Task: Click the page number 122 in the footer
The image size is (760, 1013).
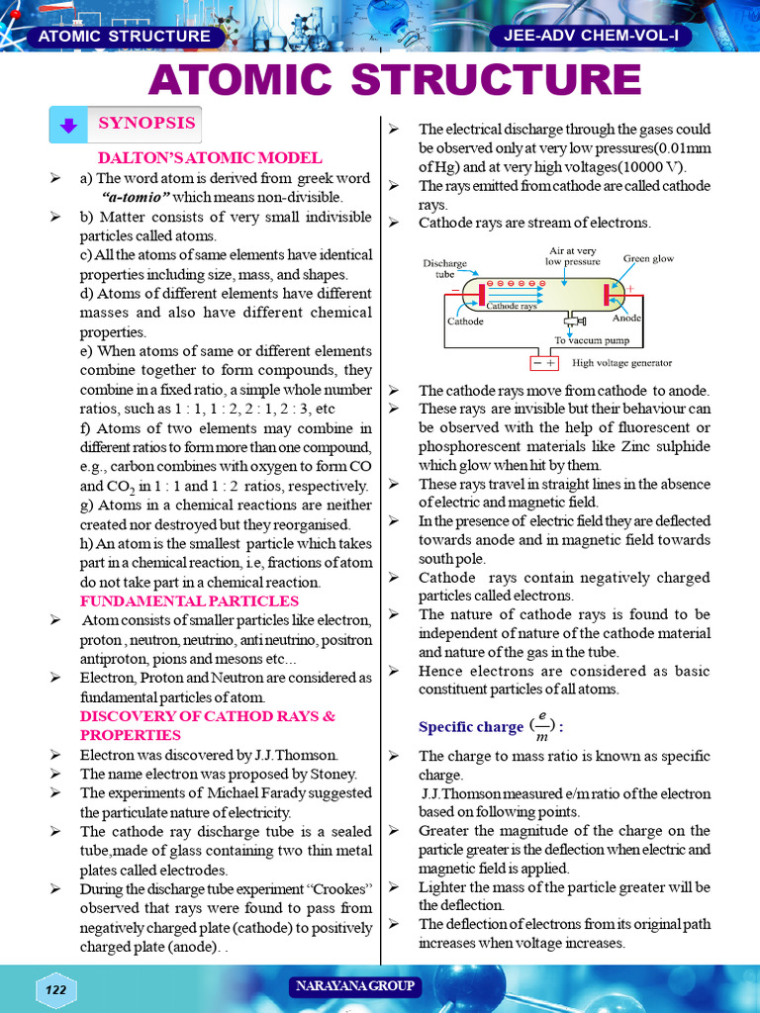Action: coord(56,990)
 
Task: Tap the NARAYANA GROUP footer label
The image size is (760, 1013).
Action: coord(354,986)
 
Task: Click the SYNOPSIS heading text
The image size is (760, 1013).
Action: coord(145,124)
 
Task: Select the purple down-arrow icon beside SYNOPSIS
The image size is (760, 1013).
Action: coord(68,126)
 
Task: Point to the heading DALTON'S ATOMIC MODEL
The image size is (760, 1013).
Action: coord(209,157)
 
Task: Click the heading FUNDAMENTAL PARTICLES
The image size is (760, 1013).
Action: coord(189,600)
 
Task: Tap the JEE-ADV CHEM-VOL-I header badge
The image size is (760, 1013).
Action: coord(590,36)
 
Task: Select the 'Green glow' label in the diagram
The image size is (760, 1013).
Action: coord(648,258)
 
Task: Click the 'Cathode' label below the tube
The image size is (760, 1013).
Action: coord(465,322)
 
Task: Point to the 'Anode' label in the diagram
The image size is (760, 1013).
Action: coord(627,319)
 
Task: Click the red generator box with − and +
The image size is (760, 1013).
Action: coord(545,363)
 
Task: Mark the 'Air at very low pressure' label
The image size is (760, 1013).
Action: coord(573,256)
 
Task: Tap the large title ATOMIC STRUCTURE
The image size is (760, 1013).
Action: coord(380,79)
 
